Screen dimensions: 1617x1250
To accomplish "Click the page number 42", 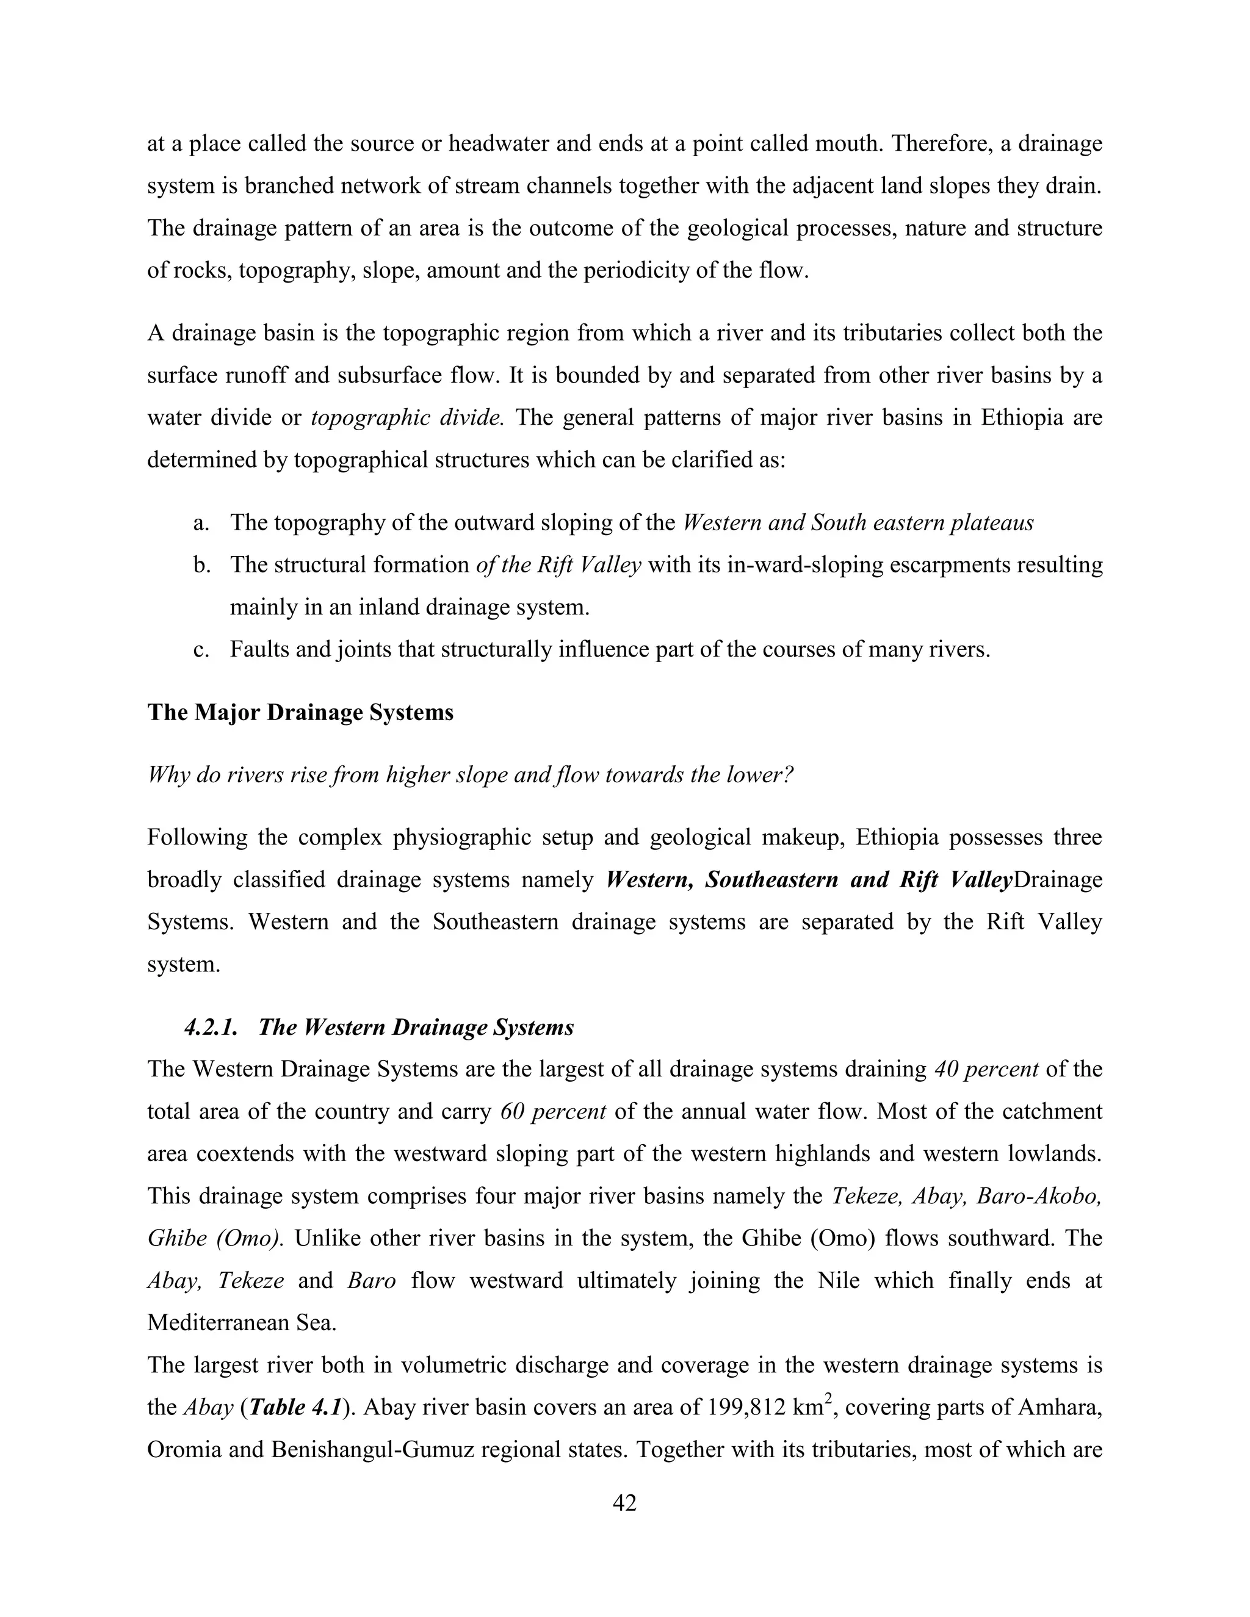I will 624,1503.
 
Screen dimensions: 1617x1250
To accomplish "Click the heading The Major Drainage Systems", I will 300,712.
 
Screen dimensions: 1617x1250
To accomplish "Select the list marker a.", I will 201,524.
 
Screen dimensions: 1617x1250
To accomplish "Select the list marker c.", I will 200,650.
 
